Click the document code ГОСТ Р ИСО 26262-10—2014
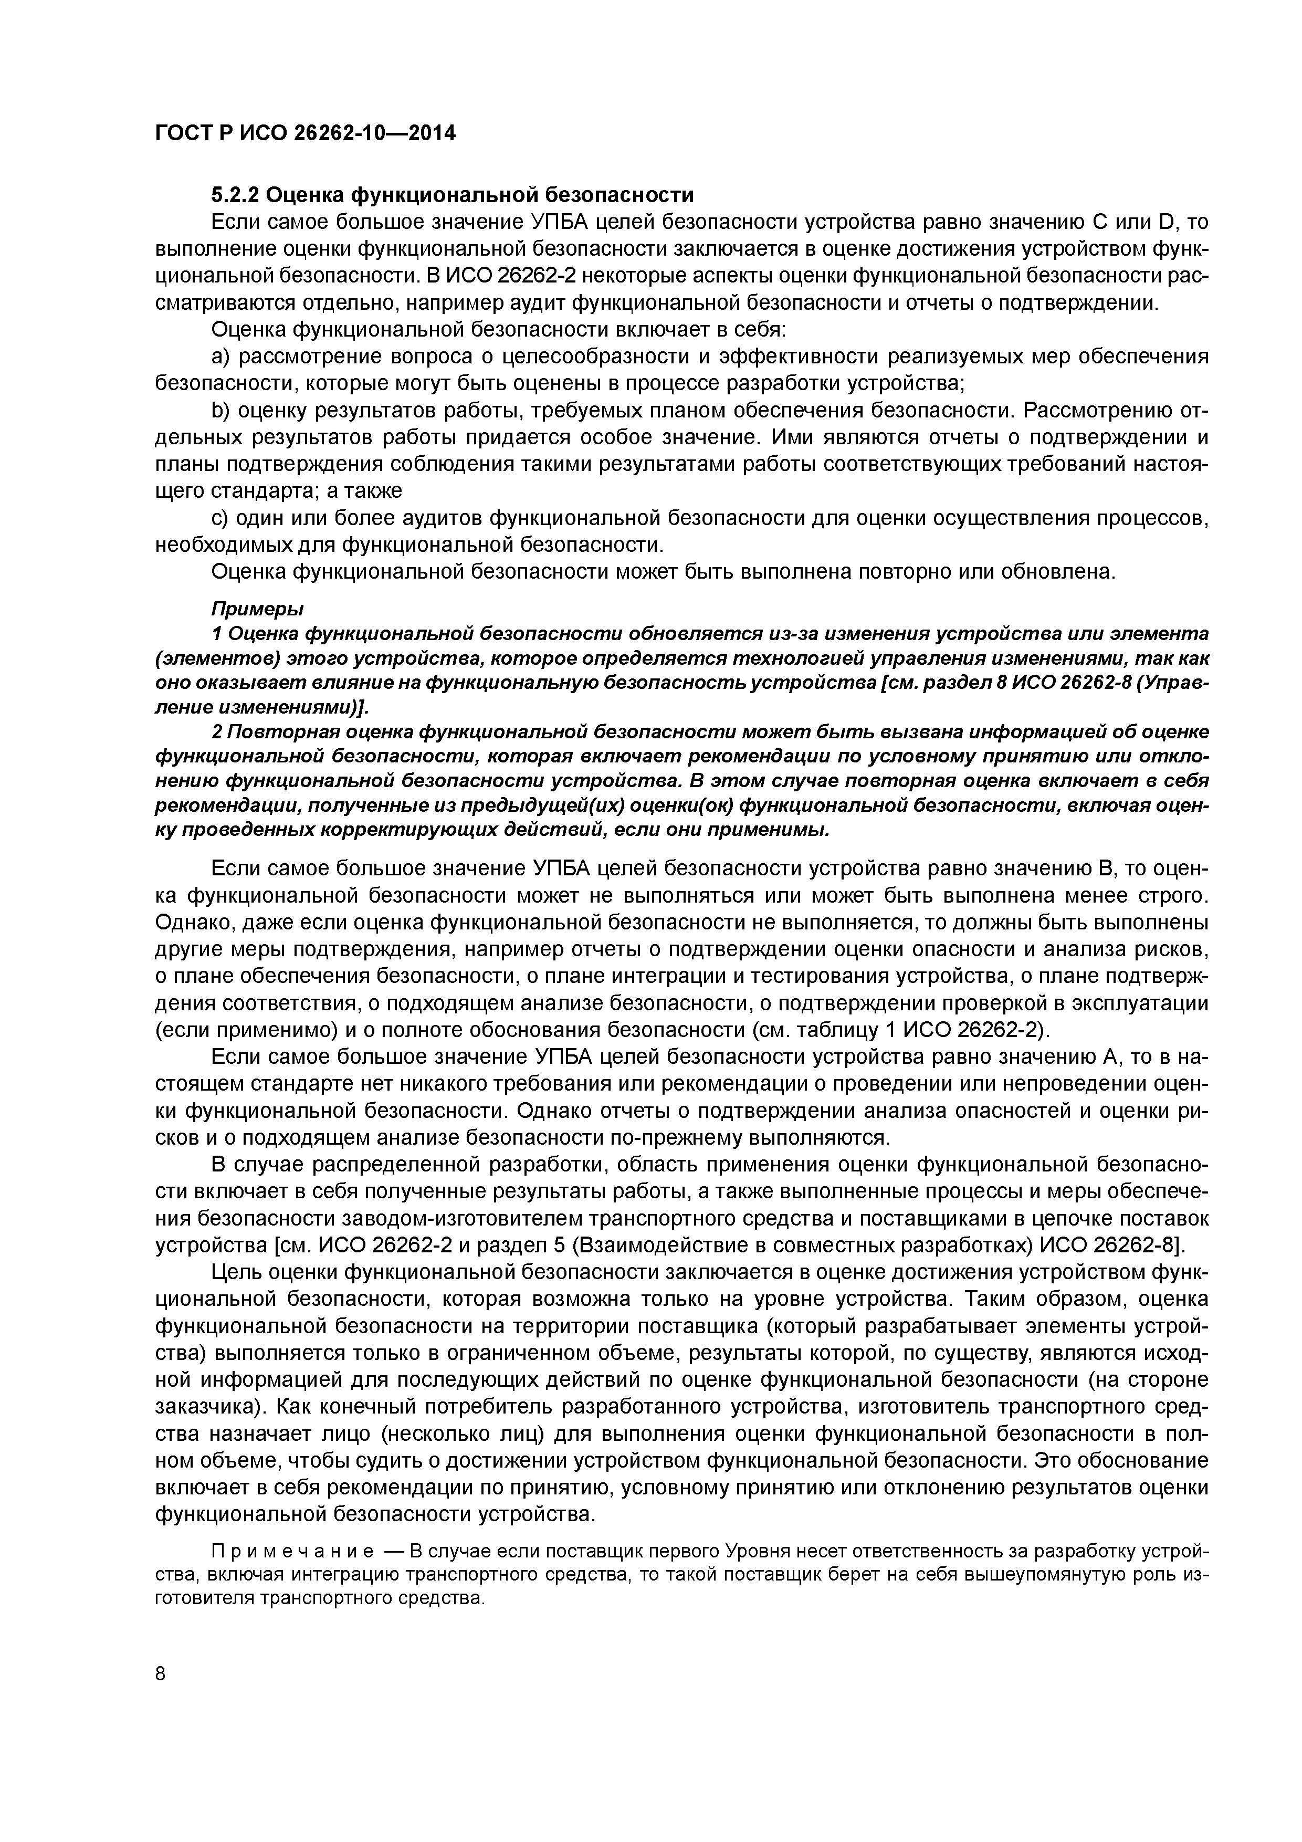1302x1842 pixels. click(305, 133)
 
